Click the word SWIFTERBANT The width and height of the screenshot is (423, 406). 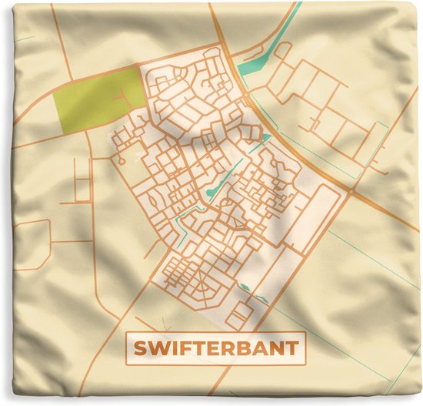pyautogui.click(x=216, y=347)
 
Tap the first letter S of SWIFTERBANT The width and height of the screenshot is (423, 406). pyautogui.click(x=141, y=347)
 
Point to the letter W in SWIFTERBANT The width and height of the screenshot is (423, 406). pyautogui.click(x=158, y=347)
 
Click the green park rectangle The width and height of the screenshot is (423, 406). pyautogui.click(x=98, y=103)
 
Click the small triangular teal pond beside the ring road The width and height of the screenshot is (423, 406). pyautogui.click(x=266, y=138)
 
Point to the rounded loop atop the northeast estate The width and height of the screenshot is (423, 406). pyautogui.click(x=282, y=51)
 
